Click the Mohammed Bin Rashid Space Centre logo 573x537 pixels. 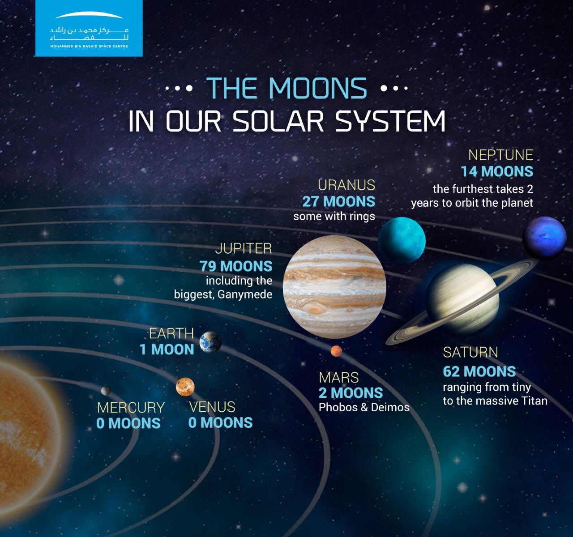(x=89, y=28)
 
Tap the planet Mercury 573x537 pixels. (x=106, y=391)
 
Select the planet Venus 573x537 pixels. (x=185, y=387)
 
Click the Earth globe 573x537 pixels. (x=210, y=342)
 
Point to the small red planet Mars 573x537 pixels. (x=336, y=351)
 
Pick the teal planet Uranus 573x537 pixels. (x=401, y=240)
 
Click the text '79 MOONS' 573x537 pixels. (x=236, y=266)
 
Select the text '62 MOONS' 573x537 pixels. (x=479, y=371)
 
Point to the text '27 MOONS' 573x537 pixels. (x=338, y=201)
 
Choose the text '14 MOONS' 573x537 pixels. (x=497, y=171)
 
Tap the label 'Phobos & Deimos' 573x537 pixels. (x=364, y=408)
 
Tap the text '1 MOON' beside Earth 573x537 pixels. (x=167, y=349)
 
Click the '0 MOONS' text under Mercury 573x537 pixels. (x=128, y=423)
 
